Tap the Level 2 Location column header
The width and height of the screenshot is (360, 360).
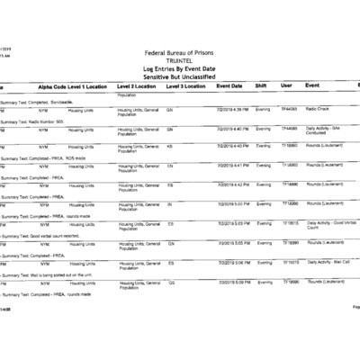[x=138, y=85]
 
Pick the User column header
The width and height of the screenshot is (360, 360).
[x=286, y=85]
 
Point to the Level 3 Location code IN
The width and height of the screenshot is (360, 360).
[x=169, y=204]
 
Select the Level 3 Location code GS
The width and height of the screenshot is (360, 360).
[x=171, y=283]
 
